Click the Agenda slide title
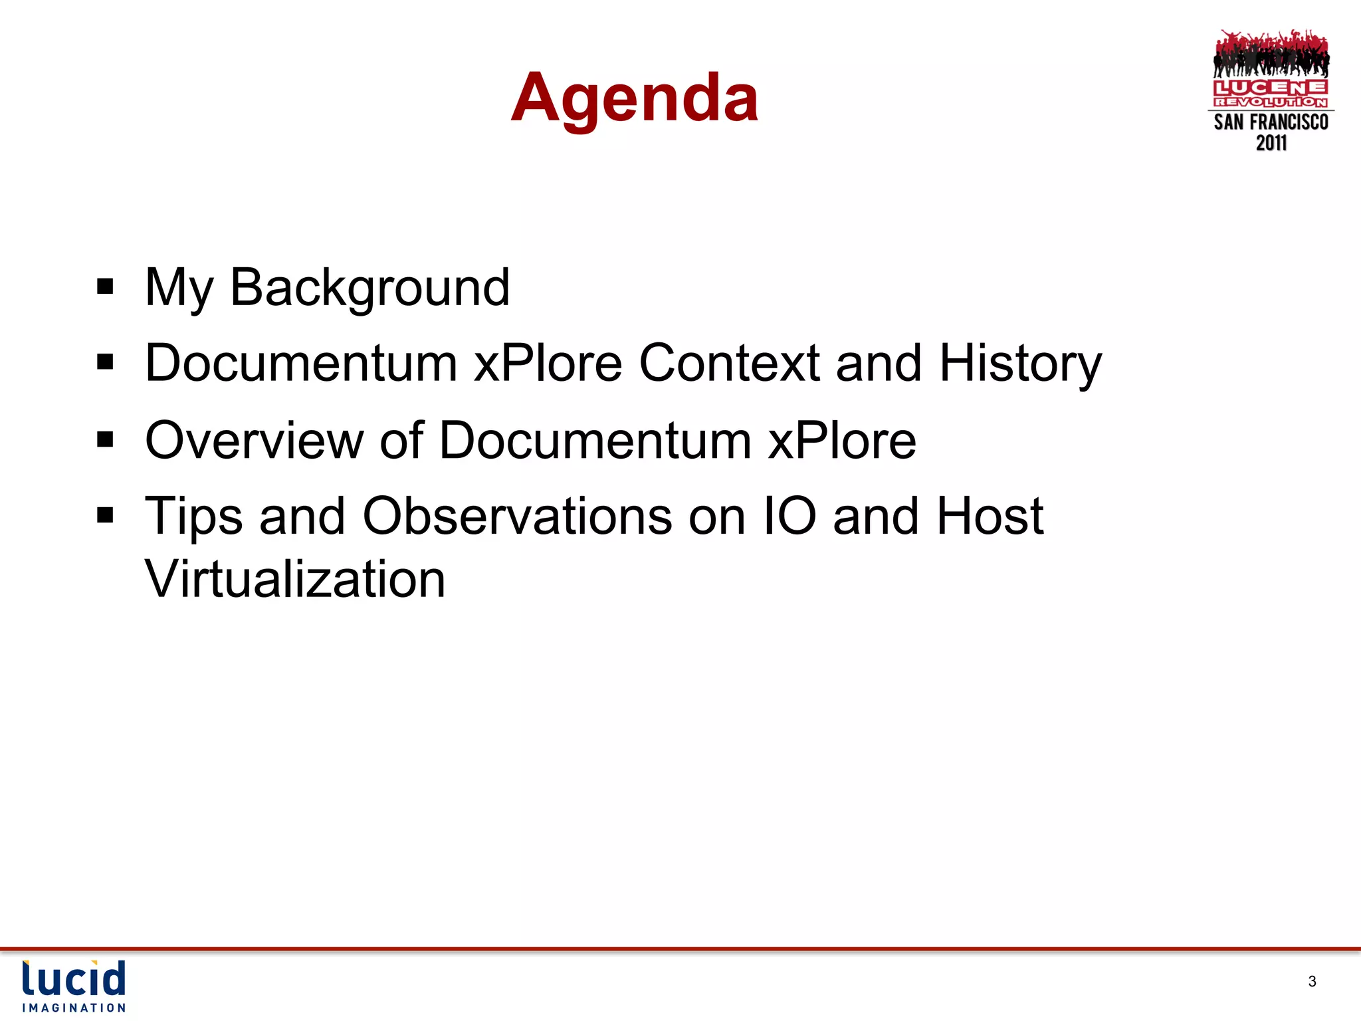635,98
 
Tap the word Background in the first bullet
369,288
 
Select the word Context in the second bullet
729,364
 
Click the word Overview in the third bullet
254,441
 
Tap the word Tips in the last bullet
193,517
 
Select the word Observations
516,516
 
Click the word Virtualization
295,579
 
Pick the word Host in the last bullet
990,516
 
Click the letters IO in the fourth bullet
789,516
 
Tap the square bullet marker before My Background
105,287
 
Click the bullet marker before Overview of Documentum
105,439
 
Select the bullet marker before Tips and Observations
105,515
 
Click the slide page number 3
1312,981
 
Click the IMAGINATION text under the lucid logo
74,1008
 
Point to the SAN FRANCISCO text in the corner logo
1271,122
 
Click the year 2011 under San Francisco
1271,143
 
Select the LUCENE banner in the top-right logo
1271,88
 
